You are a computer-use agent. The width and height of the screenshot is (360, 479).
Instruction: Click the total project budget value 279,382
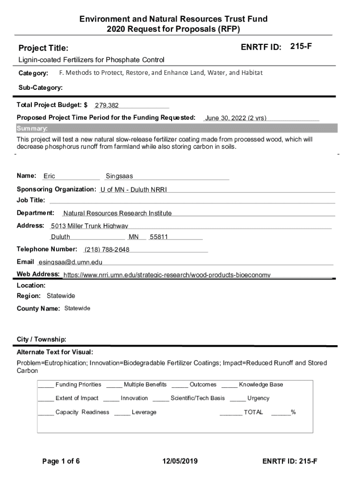tap(107, 106)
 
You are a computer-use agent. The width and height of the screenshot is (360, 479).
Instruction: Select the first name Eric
tap(49, 176)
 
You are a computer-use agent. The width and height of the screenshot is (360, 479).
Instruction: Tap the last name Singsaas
tap(119, 176)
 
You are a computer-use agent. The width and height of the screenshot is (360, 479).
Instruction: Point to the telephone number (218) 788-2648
tap(107, 249)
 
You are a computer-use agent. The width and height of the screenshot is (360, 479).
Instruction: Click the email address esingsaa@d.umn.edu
tap(71, 262)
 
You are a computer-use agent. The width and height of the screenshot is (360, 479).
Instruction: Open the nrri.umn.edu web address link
tap(167, 275)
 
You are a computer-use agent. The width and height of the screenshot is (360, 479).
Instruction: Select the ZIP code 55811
tap(158, 237)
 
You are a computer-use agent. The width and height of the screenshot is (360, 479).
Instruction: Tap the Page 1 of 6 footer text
tap(61, 461)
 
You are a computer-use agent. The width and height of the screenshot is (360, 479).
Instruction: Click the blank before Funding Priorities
tap(46, 385)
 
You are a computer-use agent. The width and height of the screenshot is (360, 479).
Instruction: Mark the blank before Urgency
tap(238, 399)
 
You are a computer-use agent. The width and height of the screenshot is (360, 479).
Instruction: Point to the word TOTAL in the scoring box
tap(253, 412)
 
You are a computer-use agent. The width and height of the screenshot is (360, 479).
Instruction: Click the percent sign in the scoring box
tap(293, 412)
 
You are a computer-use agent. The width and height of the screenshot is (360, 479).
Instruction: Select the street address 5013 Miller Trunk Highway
tap(89, 226)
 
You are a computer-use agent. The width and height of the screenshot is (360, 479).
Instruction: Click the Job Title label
tap(31, 200)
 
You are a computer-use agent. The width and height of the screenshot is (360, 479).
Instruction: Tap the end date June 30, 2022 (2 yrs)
tap(236, 118)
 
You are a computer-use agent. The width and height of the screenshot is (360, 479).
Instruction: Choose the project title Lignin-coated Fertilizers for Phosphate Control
tap(91, 60)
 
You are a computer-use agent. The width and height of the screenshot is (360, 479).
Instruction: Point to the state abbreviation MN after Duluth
tap(134, 237)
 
